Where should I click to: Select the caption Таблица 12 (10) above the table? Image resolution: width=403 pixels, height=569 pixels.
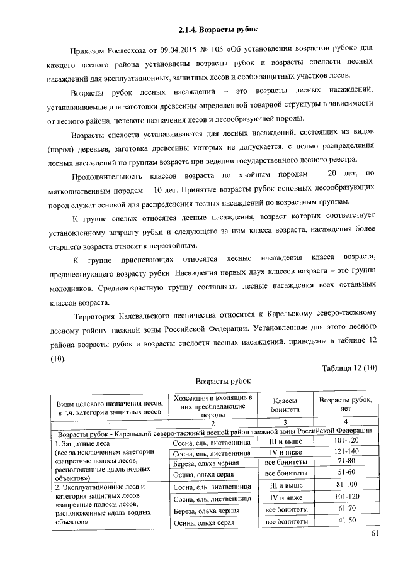pyautogui.click(x=349, y=368)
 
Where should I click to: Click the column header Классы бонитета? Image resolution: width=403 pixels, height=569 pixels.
pyautogui.click(x=284, y=405)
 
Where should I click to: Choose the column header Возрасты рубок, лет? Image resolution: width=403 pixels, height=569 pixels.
pyautogui.click(x=346, y=405)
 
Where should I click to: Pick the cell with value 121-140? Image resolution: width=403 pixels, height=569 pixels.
pyautogui.click(x=346, y=451)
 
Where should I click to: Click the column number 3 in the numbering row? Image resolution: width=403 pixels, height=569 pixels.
pyautogui.click(x=285, y=422)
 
